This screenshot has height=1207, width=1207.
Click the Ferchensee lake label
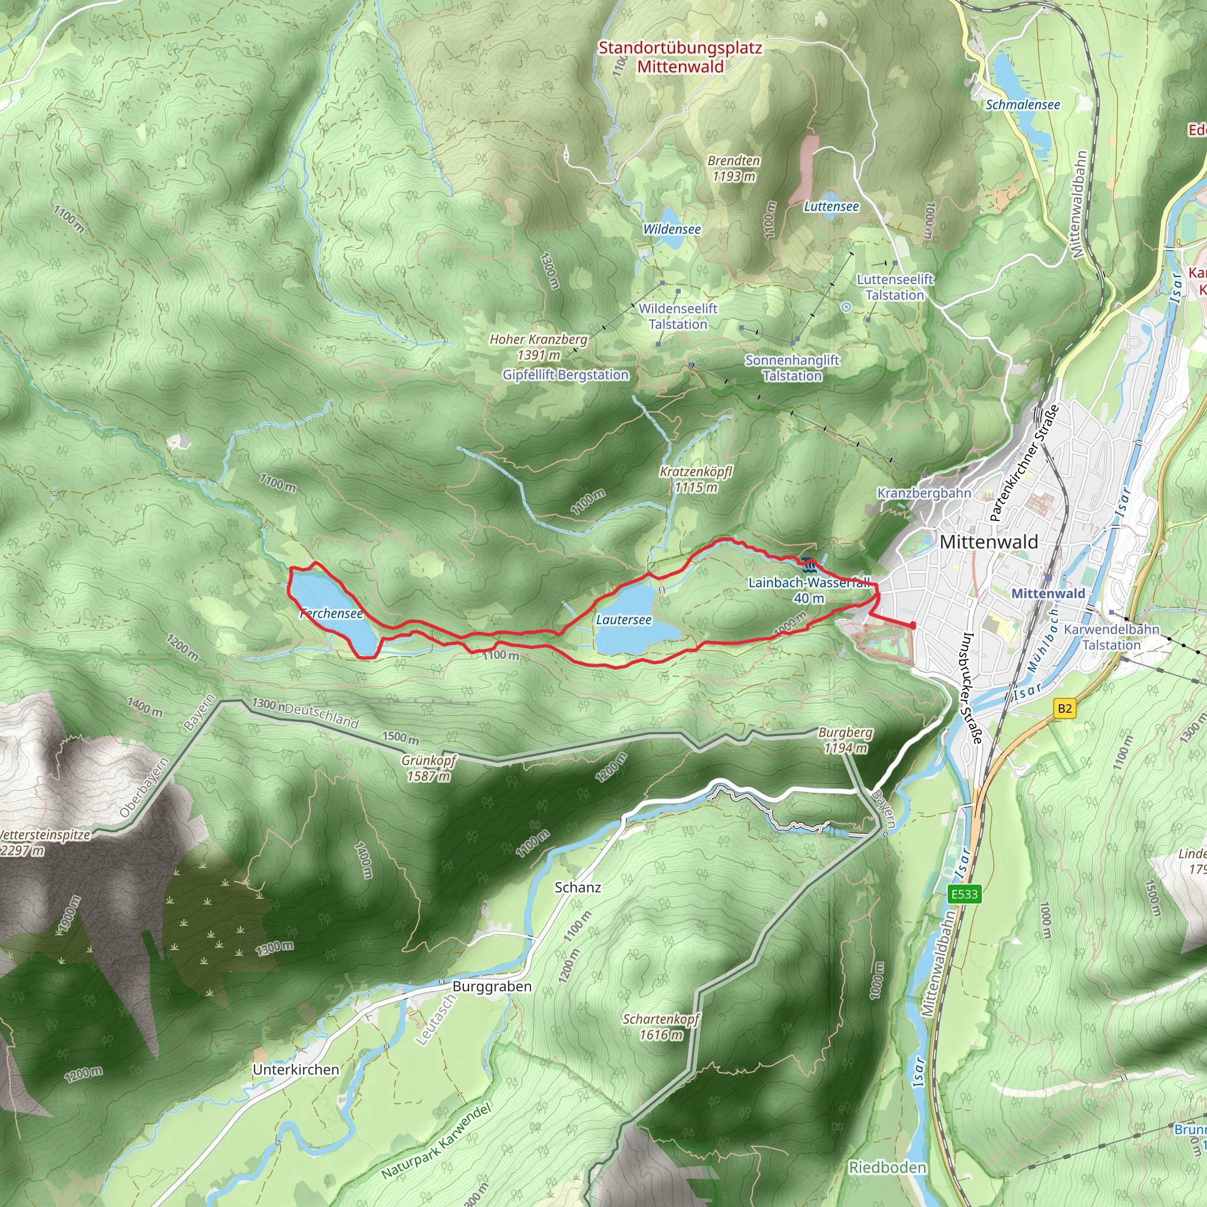[332, 614]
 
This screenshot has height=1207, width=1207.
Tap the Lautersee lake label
[624, 620]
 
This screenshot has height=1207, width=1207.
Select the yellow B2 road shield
[1064, 708]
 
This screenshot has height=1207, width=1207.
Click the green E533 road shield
[965, 894]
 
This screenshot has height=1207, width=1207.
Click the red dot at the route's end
[913, 625]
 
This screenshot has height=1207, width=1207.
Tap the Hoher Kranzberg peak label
[539, 347]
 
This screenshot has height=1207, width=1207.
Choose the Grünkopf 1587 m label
[428, 769]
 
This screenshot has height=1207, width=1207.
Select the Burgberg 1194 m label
[846, 740]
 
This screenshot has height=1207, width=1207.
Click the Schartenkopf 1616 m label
[661, 1027]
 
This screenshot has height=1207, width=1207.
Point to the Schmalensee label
[1023, 105]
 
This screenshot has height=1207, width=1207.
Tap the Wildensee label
[672, 229]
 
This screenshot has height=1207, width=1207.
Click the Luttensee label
[832, 207]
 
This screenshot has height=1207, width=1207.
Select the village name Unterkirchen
[296, 1070]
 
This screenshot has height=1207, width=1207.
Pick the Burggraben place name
[492, 987]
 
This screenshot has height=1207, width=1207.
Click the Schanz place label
[578, 887]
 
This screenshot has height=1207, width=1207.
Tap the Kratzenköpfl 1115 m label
[696, 479]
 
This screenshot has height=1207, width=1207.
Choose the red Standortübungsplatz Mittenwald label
[680, 58]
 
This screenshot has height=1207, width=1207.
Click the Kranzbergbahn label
[924, 493]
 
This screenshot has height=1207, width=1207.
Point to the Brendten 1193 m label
[734, 169]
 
